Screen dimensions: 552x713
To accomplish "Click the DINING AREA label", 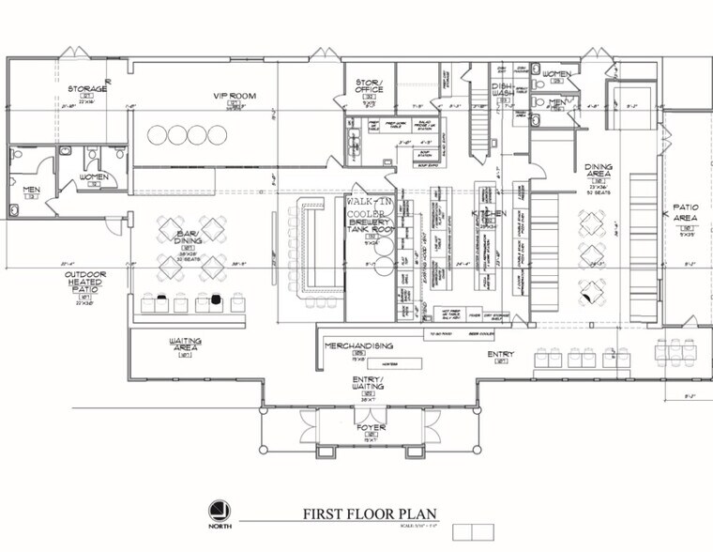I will point(599,172).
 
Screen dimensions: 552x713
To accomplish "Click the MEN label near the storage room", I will point(29,190).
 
